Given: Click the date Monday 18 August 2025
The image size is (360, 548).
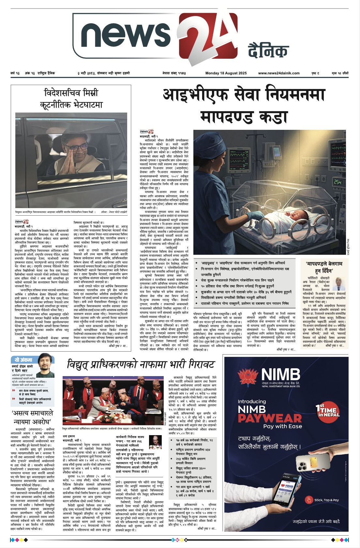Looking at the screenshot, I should (x=226, y=73).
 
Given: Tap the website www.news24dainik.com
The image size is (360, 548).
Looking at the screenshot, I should (x=278, y=73).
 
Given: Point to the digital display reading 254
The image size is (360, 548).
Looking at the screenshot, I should (x=337, y=182).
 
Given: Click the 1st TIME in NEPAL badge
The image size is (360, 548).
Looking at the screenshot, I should (x=328, y=411).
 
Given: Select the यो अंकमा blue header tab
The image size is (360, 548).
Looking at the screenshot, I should (x=23, y=360).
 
